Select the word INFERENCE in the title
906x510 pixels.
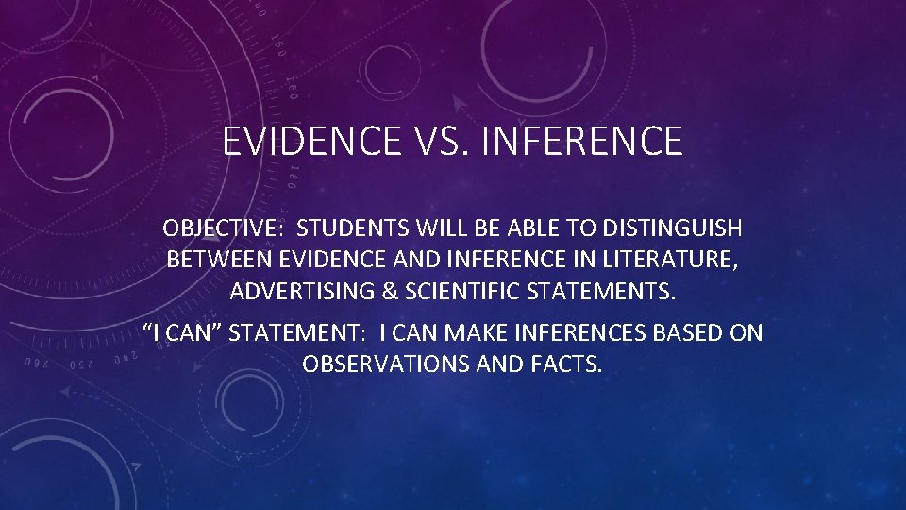pos(581,142)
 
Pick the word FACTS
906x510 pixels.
pos(565,364)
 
